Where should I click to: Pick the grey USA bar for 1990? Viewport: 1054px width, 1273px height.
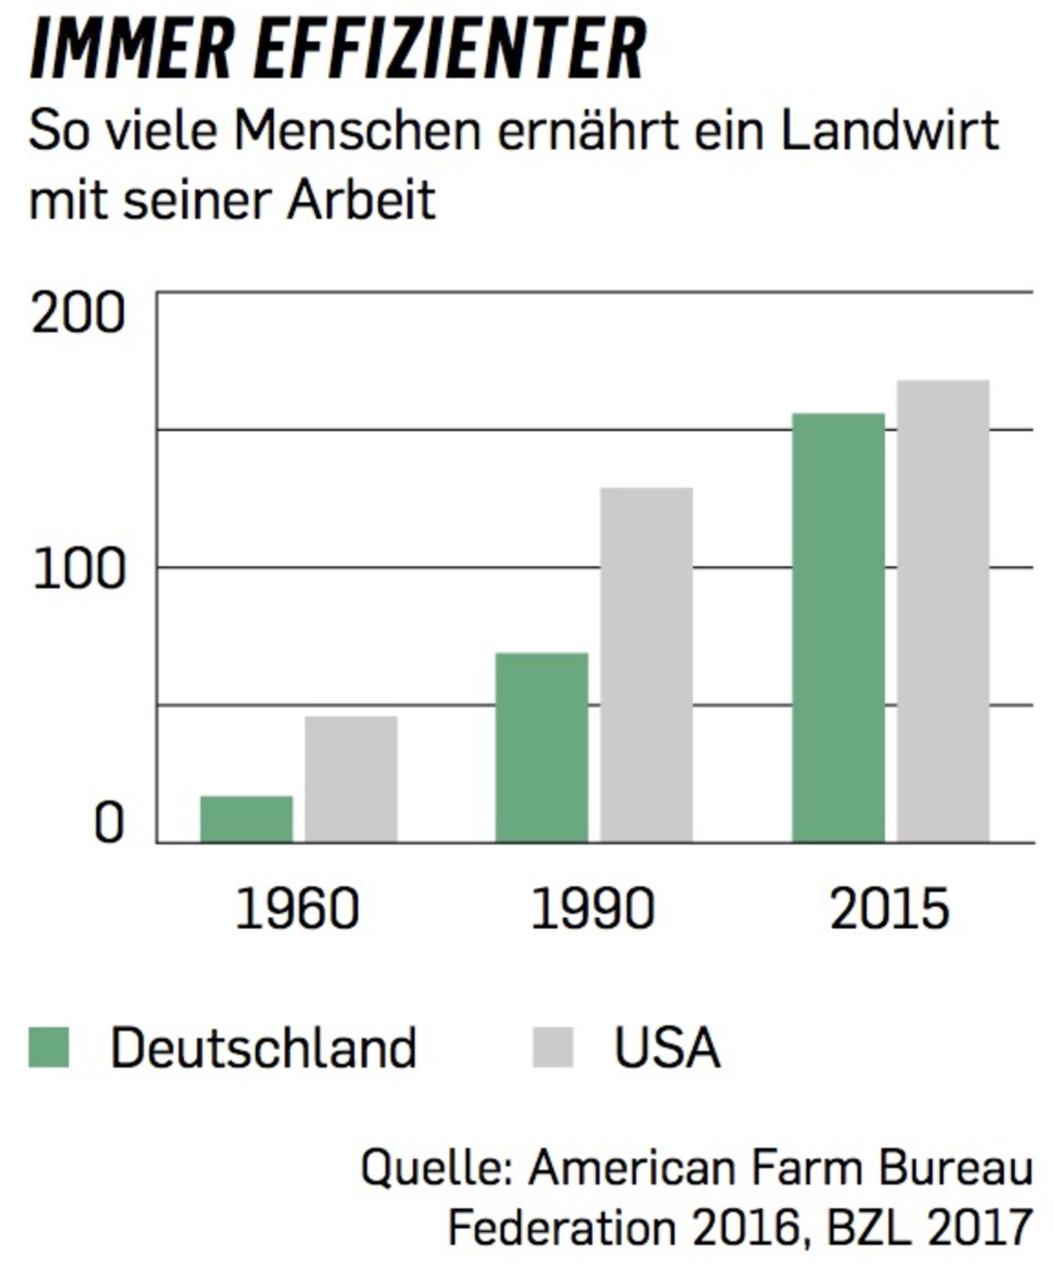tap(646, 664)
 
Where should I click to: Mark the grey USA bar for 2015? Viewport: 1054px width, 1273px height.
tap(943, 611)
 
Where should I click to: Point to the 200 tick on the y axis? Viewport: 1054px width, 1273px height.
tap(78, 313)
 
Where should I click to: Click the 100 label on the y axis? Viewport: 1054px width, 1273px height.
tap(79, 571)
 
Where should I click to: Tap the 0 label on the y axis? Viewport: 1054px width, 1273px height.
tap(109, 824)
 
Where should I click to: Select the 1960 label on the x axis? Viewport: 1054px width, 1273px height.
tap(297, 909)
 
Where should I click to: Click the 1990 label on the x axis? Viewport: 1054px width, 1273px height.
tap(592, 909)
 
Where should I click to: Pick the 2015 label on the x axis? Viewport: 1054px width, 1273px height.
tap(889, 909)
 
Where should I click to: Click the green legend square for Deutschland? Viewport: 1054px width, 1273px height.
tap(48, 1047)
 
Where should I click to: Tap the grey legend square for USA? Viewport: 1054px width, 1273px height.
tap(552, 1047)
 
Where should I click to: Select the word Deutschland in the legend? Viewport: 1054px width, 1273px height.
tap(263, 1048)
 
